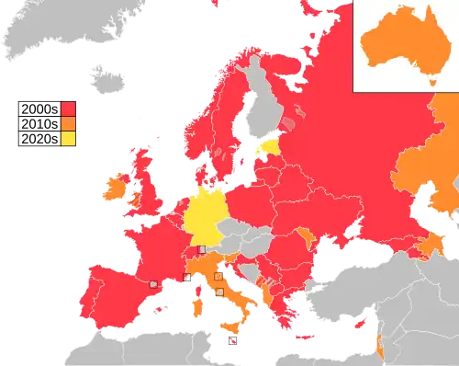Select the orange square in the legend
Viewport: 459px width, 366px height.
click(68, 122)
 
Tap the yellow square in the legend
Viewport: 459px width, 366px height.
click(68, 139)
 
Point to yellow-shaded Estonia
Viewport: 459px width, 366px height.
click(271, 146)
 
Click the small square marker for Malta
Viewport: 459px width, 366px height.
click(232, 341)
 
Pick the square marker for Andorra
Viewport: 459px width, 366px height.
click(154, 284)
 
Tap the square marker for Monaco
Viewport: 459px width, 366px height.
click(187, 277)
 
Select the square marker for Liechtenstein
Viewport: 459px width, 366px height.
click(202, 249)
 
